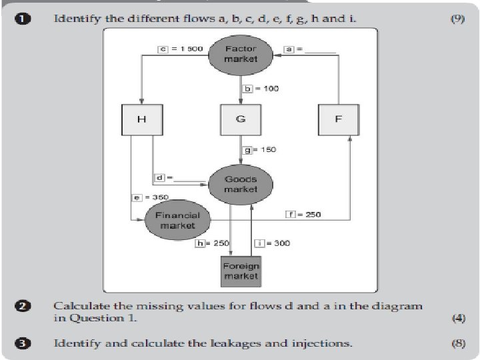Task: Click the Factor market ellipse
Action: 241,54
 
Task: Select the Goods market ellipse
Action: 241,184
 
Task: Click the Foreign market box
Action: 241,271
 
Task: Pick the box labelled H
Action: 141,119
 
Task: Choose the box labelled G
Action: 241,119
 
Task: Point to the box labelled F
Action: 339,119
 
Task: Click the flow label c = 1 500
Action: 180,49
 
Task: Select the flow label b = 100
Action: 261,89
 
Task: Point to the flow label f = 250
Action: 303,214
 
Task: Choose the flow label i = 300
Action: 273,243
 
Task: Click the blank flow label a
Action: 309,49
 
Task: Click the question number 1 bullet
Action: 22,19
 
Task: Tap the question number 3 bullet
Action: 22,343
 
